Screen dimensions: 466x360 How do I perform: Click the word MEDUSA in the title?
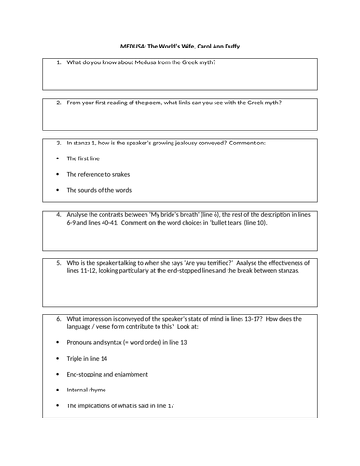click(137, 44)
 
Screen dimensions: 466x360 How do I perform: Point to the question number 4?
click(58, 214)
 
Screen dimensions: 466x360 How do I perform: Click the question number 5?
click(58, 263)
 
